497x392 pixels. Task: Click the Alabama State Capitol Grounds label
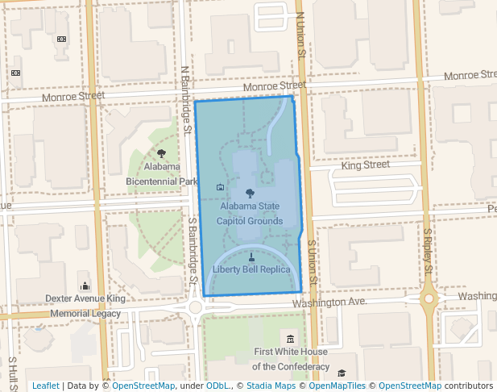(250, 214)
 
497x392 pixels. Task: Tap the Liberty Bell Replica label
(251, 269)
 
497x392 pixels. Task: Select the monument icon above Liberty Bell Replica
(251, 256)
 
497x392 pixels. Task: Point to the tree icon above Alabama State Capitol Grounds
(250, 194)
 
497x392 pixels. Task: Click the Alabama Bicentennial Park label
(161, 174)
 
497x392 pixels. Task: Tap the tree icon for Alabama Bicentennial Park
(161, 153)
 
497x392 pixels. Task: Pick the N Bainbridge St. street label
(185, 98)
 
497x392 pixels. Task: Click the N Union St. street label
(300, 37)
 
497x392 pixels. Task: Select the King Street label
(365, 165)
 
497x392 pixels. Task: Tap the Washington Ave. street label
(329, 302)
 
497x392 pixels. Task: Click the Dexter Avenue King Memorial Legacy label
(85, 306)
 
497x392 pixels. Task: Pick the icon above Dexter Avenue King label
(85, 286)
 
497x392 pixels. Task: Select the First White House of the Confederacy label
(290, 359)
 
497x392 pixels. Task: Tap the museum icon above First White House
(290, 337)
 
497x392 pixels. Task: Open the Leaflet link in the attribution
(45, 386)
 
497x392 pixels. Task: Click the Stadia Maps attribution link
(271, 386)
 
